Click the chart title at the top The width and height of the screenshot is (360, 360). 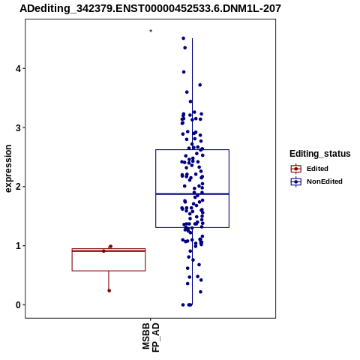coord(150,8)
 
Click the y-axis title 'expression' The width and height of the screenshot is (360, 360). coord(8,169)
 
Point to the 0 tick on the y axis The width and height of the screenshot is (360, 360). coord(18,305)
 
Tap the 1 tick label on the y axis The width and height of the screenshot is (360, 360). coord(18,246)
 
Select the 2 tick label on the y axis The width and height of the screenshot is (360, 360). coord(18,187)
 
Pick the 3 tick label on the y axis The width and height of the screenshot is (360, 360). coord(18,127)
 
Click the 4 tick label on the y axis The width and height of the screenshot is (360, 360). coord(18,68)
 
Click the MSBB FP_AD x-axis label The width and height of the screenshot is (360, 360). coord(151,337)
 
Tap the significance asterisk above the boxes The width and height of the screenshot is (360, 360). coord(151,31)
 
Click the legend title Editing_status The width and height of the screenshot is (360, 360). coord(320,154)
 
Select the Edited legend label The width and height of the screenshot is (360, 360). coord(317,169)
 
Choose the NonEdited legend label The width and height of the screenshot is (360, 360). coord(325,181)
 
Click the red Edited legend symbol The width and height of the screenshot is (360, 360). coord(296,169)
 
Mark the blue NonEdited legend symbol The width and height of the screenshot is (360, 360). coord(296,181)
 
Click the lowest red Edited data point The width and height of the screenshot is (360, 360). coord(109,290)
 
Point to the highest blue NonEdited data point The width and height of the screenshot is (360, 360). coord(183,38)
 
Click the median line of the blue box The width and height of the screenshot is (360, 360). coord(192,193)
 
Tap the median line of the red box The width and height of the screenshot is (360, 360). coord(109,250)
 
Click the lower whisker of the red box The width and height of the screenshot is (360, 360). coord(109,280)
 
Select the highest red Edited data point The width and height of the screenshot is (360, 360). coord(111,246)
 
